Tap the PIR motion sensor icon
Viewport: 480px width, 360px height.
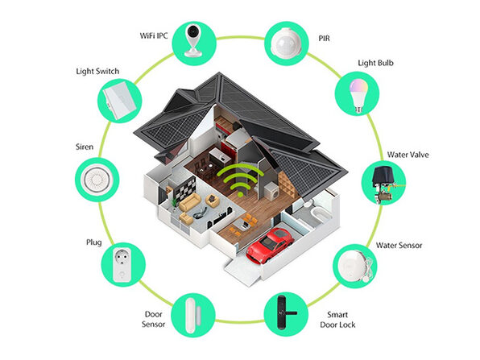click(x=287, y=43)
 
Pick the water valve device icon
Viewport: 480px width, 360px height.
click(x=383, y=183)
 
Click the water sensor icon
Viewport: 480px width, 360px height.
click(x=355, y=266)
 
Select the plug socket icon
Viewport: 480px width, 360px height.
click(x=123, y=264)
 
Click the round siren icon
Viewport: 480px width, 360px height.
click(x=97, y=180)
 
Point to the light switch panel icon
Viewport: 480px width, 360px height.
click(x=120, y=101)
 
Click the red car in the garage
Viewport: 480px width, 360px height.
click(x=270, y=246)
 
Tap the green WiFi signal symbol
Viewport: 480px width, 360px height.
click(x=240, y=180)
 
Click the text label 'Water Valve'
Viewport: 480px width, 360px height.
click(x=408, y=155)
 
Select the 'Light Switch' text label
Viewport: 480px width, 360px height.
click(x=97, y=72)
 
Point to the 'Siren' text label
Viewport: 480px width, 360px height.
click(x=85, y=147)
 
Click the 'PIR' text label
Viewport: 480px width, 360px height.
click(x=325, y=39)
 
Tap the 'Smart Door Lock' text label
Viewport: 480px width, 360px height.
click(x=337, y=320)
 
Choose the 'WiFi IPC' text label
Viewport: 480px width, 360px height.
click(x=154, y=35)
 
